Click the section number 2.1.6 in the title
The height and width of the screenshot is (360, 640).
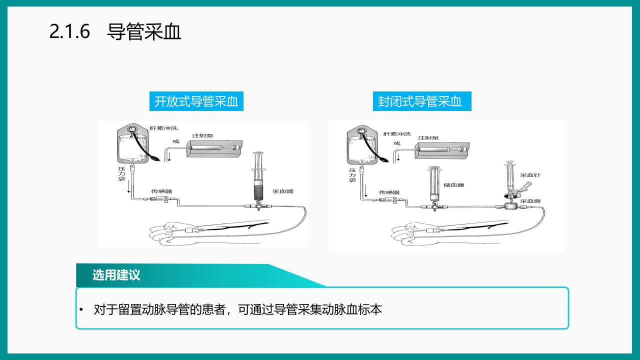tap(69, 32)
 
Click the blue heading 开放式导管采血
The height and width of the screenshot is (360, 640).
tap(196, 101)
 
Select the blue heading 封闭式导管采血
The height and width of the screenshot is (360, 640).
tap(419, 101)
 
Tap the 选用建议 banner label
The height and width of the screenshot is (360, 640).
tap(116, 275)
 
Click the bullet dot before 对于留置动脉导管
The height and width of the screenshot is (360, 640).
tap(81, 310)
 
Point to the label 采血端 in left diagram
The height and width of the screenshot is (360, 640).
tap(282, 191)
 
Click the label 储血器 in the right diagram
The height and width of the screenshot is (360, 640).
tap(454, 185)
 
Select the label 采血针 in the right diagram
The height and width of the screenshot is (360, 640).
tap(530, 175)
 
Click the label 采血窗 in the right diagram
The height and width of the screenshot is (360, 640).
tap(530, 201)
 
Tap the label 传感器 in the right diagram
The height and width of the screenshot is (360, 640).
tap(389, 192)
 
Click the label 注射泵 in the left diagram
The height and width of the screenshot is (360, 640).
tap(203, 136)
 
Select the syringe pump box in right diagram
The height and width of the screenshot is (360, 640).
tap(442, 150)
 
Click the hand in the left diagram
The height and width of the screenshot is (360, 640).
tap(167, 232)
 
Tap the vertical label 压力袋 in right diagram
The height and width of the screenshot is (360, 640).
tap(352, 175)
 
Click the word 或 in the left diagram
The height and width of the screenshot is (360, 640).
tap(175, 141)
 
